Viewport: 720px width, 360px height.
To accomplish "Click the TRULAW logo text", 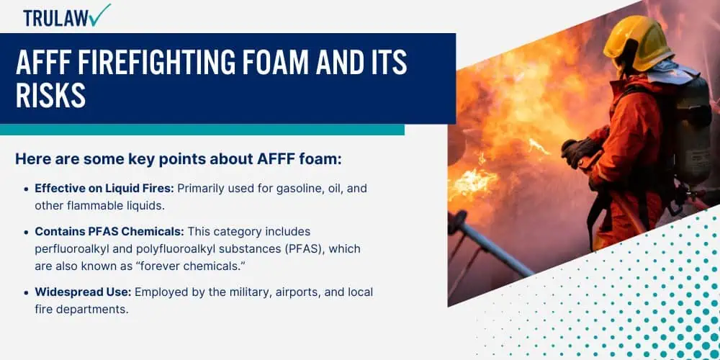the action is [x=56, y=17].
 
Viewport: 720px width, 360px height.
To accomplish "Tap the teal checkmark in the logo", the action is [x=100, y=14].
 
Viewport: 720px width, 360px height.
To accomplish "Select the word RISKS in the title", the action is [x=50, y=96].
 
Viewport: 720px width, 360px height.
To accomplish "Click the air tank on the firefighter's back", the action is [x=693, y=129].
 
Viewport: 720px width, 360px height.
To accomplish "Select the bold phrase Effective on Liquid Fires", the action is [x=104, y=189].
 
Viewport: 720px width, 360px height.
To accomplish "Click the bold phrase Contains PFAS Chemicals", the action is [x=109, y=231].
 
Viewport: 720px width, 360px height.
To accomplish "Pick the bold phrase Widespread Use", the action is [x=84, y=292].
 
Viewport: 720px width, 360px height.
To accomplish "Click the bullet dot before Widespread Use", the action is [x=26, y=293].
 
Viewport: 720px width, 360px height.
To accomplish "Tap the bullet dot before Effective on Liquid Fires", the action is [x=26, y=189].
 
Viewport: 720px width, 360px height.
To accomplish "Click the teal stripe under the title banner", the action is [x=202, y=130].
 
